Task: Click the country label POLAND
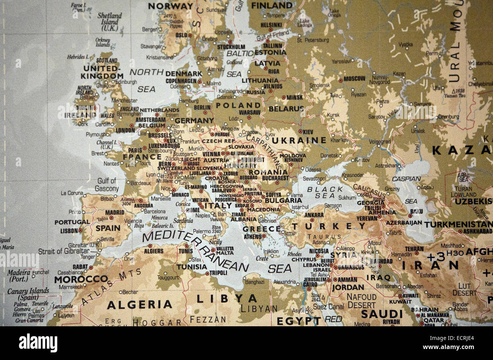pyautogui.click(x=239, y=105)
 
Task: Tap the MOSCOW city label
pyautogui.click(x=354, y=79)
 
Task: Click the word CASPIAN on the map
pyautogui.click(x=406, y=178)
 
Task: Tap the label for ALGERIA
pyautogui.click(x=140, y=305)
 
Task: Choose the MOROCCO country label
pyautogui.click(x=81, y=279)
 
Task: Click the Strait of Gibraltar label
pyautogui.click(x=64, y=251)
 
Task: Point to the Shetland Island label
pyautogui.click(x=110, y=19)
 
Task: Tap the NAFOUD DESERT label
pyautogui.click(x=362, y=301)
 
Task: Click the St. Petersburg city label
pyautogui.click(x=313, y=40)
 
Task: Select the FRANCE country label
pyautogui.click(x=142, y=157)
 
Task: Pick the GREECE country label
pyautogui.click(x=261, y=229)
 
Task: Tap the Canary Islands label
pyautogui.click(x=28, y=294)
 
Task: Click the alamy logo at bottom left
pyautogui.click(x=38, y=343)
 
